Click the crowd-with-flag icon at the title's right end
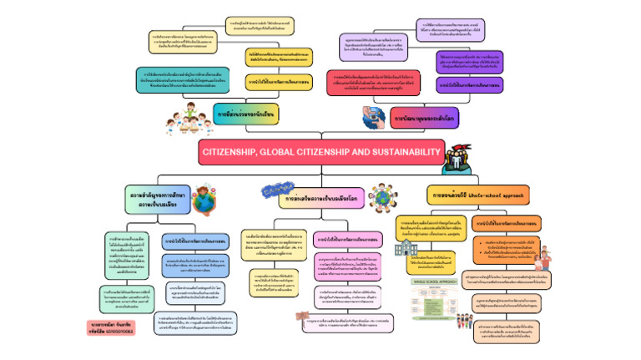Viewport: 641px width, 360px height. tap(458, 158)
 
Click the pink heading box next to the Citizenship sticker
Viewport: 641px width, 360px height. tap(321, 200)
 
